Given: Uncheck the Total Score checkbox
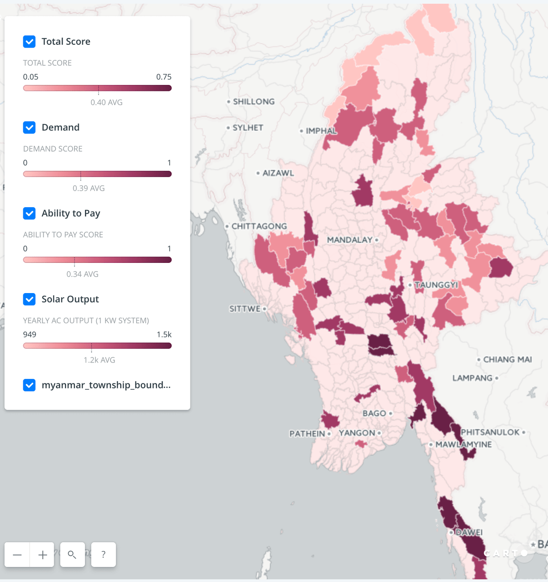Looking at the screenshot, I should [29, 42].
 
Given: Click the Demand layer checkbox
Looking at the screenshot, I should [29, 127].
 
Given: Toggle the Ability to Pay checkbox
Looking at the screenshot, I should [29, 213].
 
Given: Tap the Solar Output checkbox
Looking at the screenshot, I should [29, 299].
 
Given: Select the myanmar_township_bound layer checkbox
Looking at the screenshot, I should [29, 385].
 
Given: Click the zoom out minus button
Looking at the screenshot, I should [17, 555].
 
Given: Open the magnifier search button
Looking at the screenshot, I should [72, 555].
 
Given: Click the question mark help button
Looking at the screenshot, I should [103, 555].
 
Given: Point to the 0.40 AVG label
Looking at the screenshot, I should [106, 102].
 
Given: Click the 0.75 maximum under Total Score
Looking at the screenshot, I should [163, 77].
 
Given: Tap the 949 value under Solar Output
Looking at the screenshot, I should [30, 335].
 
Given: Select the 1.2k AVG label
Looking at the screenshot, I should [99, 360].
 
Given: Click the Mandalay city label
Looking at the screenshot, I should [350, 240].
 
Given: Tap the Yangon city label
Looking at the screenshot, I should [357, 433].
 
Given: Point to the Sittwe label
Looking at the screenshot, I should [245, 309].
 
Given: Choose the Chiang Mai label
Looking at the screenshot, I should [507, 360].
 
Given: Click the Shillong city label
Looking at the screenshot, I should [254, 101].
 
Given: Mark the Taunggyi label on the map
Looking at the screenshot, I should [436, 285].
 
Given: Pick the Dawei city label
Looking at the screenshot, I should [469, 532].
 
